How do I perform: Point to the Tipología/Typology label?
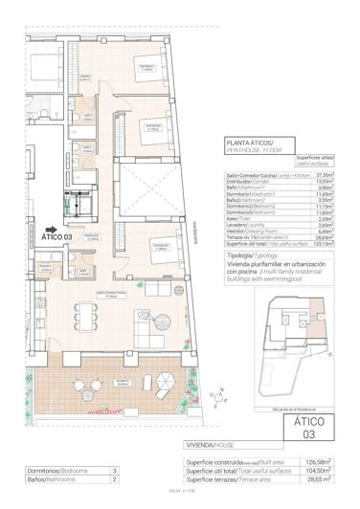tap(252, 257)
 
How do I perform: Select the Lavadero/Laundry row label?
tap(253, 223)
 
